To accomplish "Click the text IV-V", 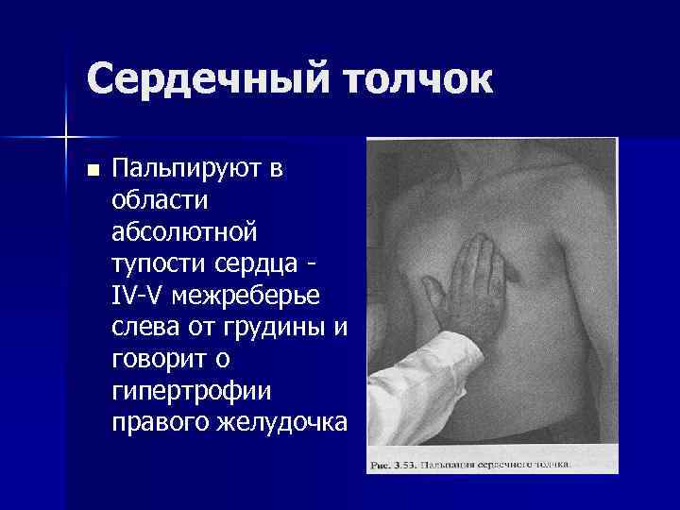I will [x=137, y=295].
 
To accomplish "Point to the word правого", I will [x=155, y=421].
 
